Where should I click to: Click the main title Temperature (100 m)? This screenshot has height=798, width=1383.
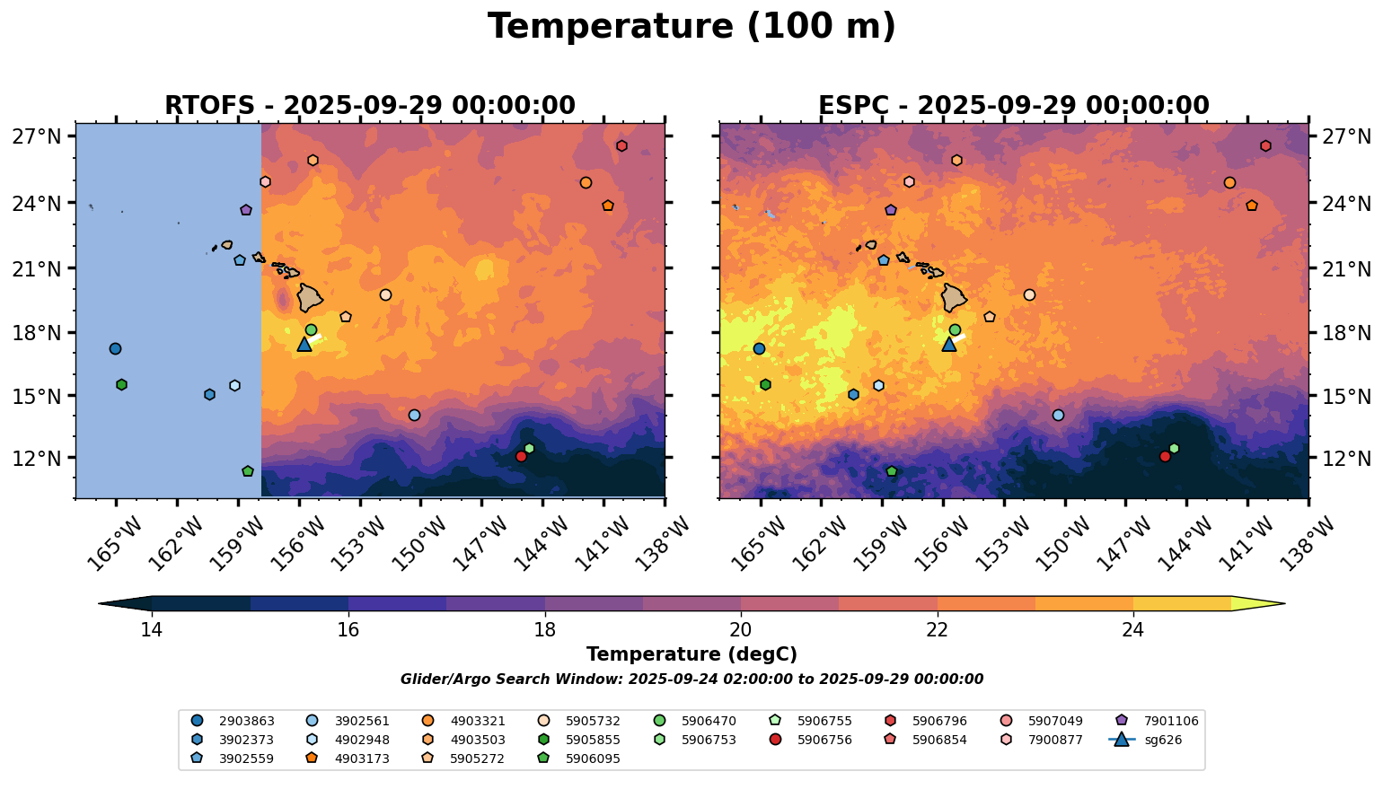[691, 27]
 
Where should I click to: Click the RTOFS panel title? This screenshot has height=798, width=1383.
[369, 106]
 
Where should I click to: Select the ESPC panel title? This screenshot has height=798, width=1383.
[1013, 106]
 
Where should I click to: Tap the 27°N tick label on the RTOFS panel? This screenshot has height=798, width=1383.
[37, 137]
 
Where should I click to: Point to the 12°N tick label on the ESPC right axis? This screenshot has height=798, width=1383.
[1346, 459]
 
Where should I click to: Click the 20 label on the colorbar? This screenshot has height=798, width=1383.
[741, 629]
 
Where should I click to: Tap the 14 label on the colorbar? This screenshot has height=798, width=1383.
[152, 629]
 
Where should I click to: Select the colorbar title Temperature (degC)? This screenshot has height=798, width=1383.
[691, 655]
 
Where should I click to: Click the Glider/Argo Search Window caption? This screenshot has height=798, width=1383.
[691, 680]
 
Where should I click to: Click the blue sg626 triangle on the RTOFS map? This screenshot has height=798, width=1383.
[304, 344]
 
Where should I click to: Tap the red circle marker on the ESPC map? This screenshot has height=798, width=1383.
[1165, 457]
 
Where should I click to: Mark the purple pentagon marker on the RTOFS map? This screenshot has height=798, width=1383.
[246, 210]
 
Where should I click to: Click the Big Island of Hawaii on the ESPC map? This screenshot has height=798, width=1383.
[954, 297]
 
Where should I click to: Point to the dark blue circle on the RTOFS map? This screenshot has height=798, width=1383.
[115, 349]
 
